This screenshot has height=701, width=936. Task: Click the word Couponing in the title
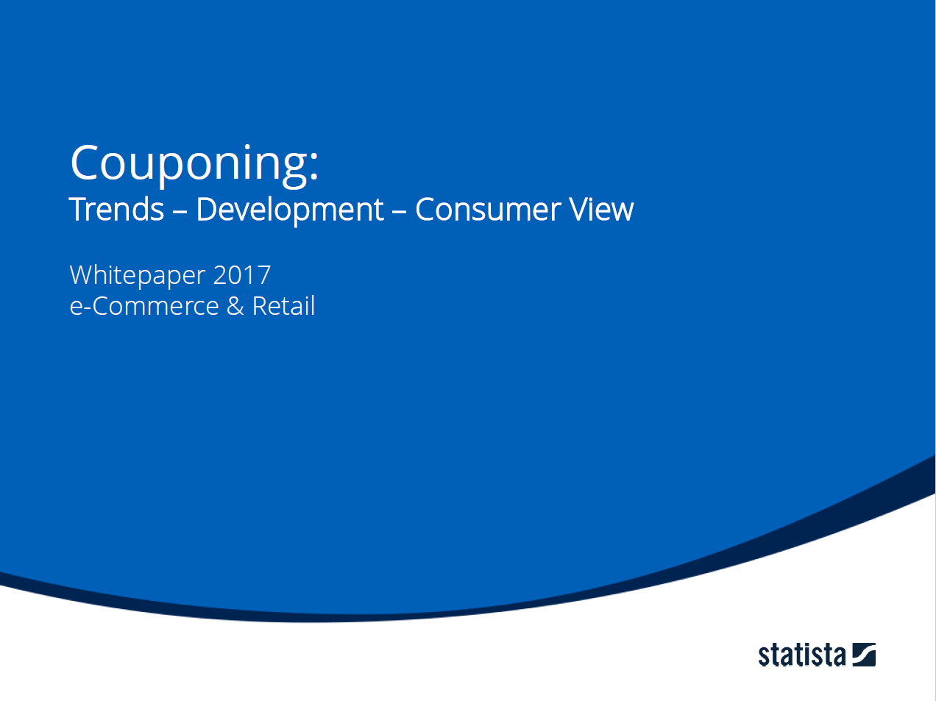click(189, 166)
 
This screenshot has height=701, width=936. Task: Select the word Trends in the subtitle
click(116, 210)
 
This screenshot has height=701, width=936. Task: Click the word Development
click(290, 210)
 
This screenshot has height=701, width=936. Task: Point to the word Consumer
click(489, 210)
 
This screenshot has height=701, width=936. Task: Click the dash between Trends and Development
click(180, 212)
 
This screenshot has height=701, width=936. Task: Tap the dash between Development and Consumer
click(399, 212)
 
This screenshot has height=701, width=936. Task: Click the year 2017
click(242, 275)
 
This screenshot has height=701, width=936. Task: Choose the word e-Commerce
click(144, 306)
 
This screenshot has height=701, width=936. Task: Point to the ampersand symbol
click(235, 306)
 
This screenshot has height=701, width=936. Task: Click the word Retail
click(283, 305)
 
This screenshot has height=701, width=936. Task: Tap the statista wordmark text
click(801, 655)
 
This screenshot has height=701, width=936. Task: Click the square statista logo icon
click(864, 655)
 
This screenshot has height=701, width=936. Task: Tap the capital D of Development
click(208, 210)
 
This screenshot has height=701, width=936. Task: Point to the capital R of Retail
click(260, 306)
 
